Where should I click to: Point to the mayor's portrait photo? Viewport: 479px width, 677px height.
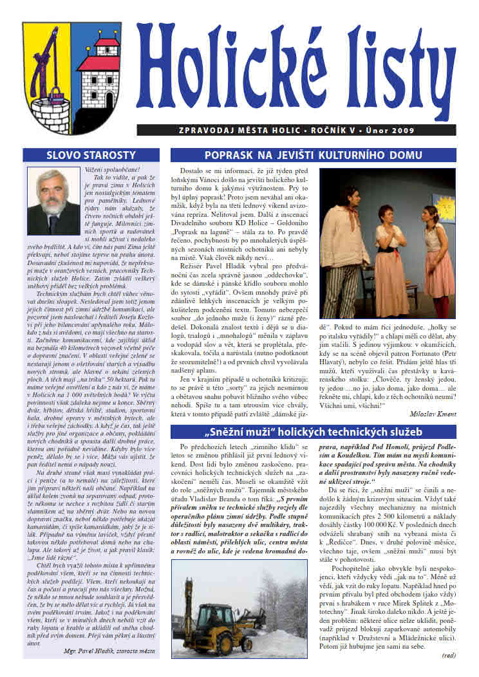(x=53, y=202)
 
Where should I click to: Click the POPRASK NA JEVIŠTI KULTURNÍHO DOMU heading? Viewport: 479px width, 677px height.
(x=313, y=155)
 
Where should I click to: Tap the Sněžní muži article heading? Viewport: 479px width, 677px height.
(x=313, y=431)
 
